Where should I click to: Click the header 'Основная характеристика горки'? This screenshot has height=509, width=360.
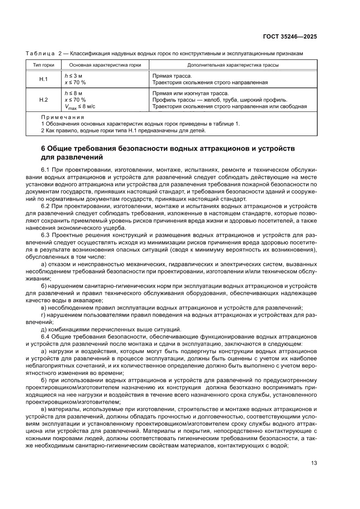tap(104, 65)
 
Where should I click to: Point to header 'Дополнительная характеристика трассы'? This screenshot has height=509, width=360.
tap(233, 65)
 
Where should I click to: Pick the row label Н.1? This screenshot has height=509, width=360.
tap(44, 79)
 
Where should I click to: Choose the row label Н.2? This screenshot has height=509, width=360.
tap(44, 100)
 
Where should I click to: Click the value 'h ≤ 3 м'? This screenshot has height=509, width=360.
tap(73, 75)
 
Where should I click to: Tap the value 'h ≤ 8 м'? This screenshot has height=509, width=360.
tap(73, 93)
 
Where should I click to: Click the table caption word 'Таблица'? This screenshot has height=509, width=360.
tap(40, 53)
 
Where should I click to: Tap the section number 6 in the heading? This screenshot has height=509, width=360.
tap(43, 148)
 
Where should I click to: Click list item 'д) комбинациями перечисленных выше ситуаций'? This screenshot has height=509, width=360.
tap(111, 329)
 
